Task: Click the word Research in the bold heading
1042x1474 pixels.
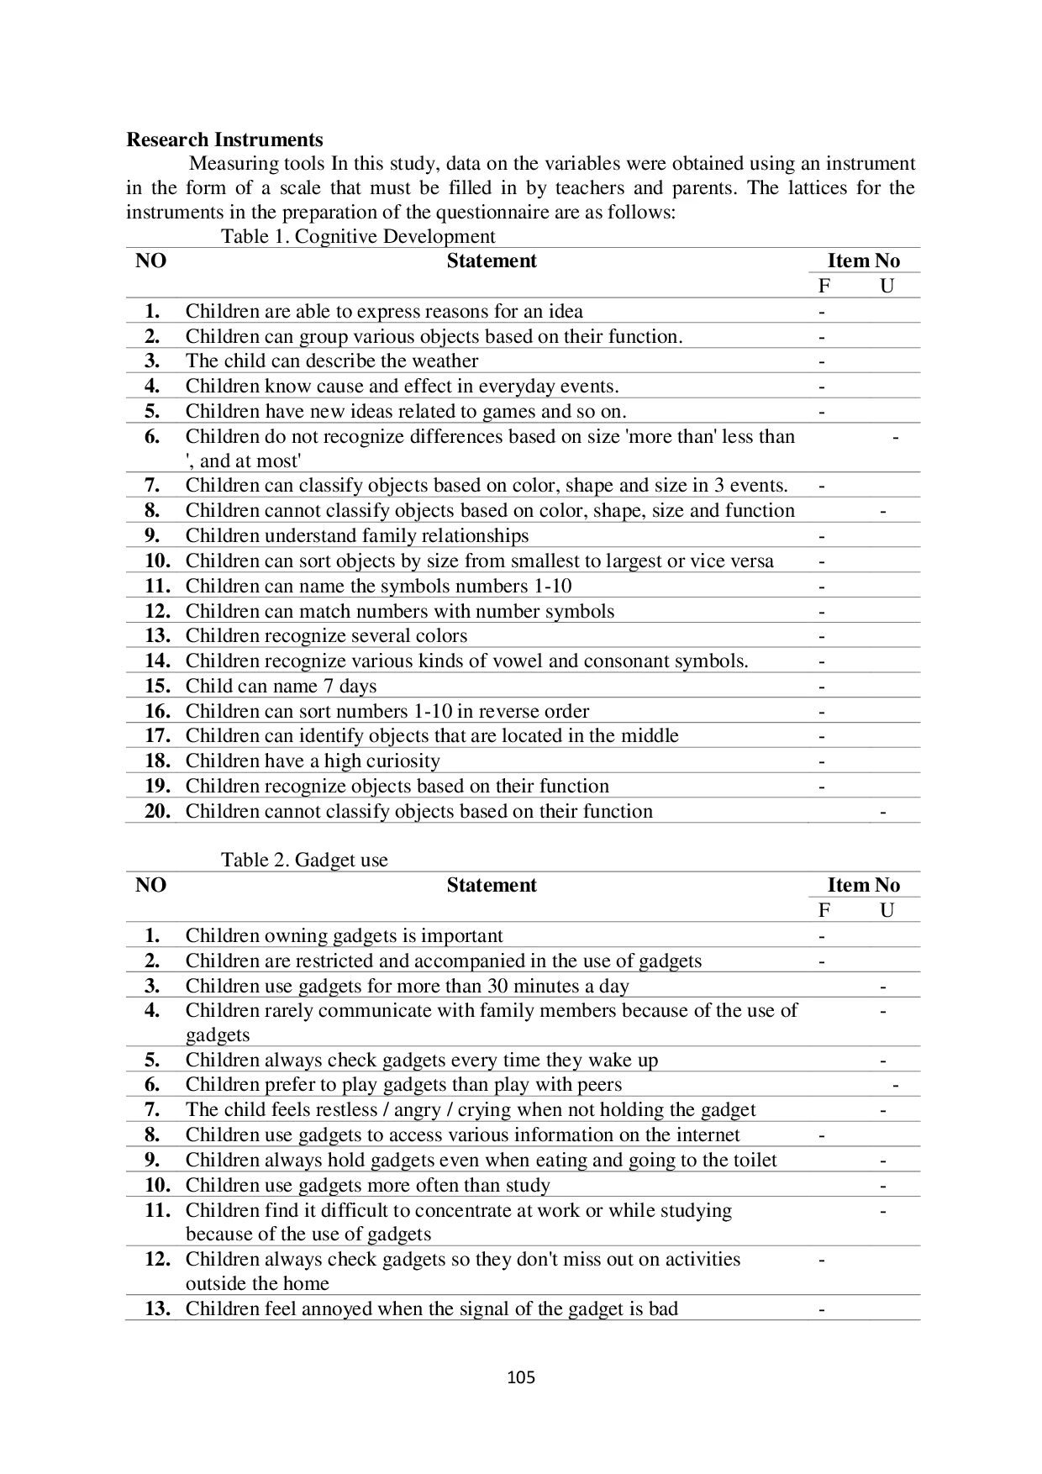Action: click(x=166, y=140)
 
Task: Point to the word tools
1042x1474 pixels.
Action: click(x=303, y=164)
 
